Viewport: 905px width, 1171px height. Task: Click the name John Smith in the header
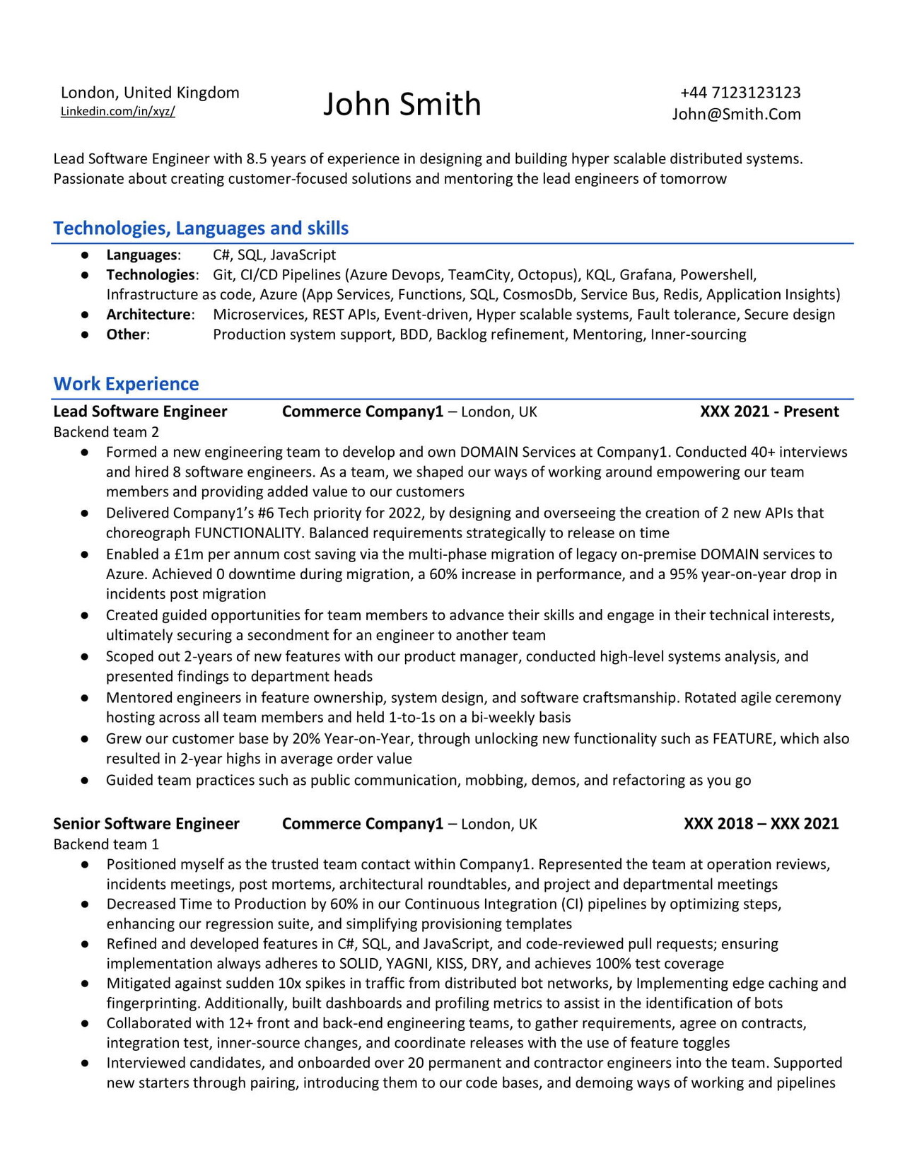[x=402, y=104]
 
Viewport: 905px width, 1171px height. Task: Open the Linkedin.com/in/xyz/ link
[x=117, y=111]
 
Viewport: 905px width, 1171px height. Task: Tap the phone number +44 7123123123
[x=740, y=93]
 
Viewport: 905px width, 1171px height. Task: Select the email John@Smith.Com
[x=736, y=115]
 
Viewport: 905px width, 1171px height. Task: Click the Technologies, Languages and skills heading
[x=201, y=228]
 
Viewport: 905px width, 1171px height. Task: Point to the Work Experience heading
[x=126, y=384]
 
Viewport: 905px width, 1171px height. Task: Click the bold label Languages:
[x=143, y=255]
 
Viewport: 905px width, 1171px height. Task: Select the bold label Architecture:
[x=150, y=315]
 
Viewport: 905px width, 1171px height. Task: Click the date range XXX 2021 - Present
[x=769, y=412]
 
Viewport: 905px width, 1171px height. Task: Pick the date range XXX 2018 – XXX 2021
[x=761, y=824]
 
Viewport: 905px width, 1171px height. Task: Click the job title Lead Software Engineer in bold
[x=140, y=412]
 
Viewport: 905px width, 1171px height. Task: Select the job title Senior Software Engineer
[x=146, y=824]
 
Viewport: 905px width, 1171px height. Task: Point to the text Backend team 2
[x=106, y=432]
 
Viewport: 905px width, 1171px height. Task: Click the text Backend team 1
[x=106, y=844]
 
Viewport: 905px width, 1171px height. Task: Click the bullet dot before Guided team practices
[x=84, y=781]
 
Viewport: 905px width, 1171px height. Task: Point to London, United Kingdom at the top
[x=150, y=93]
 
